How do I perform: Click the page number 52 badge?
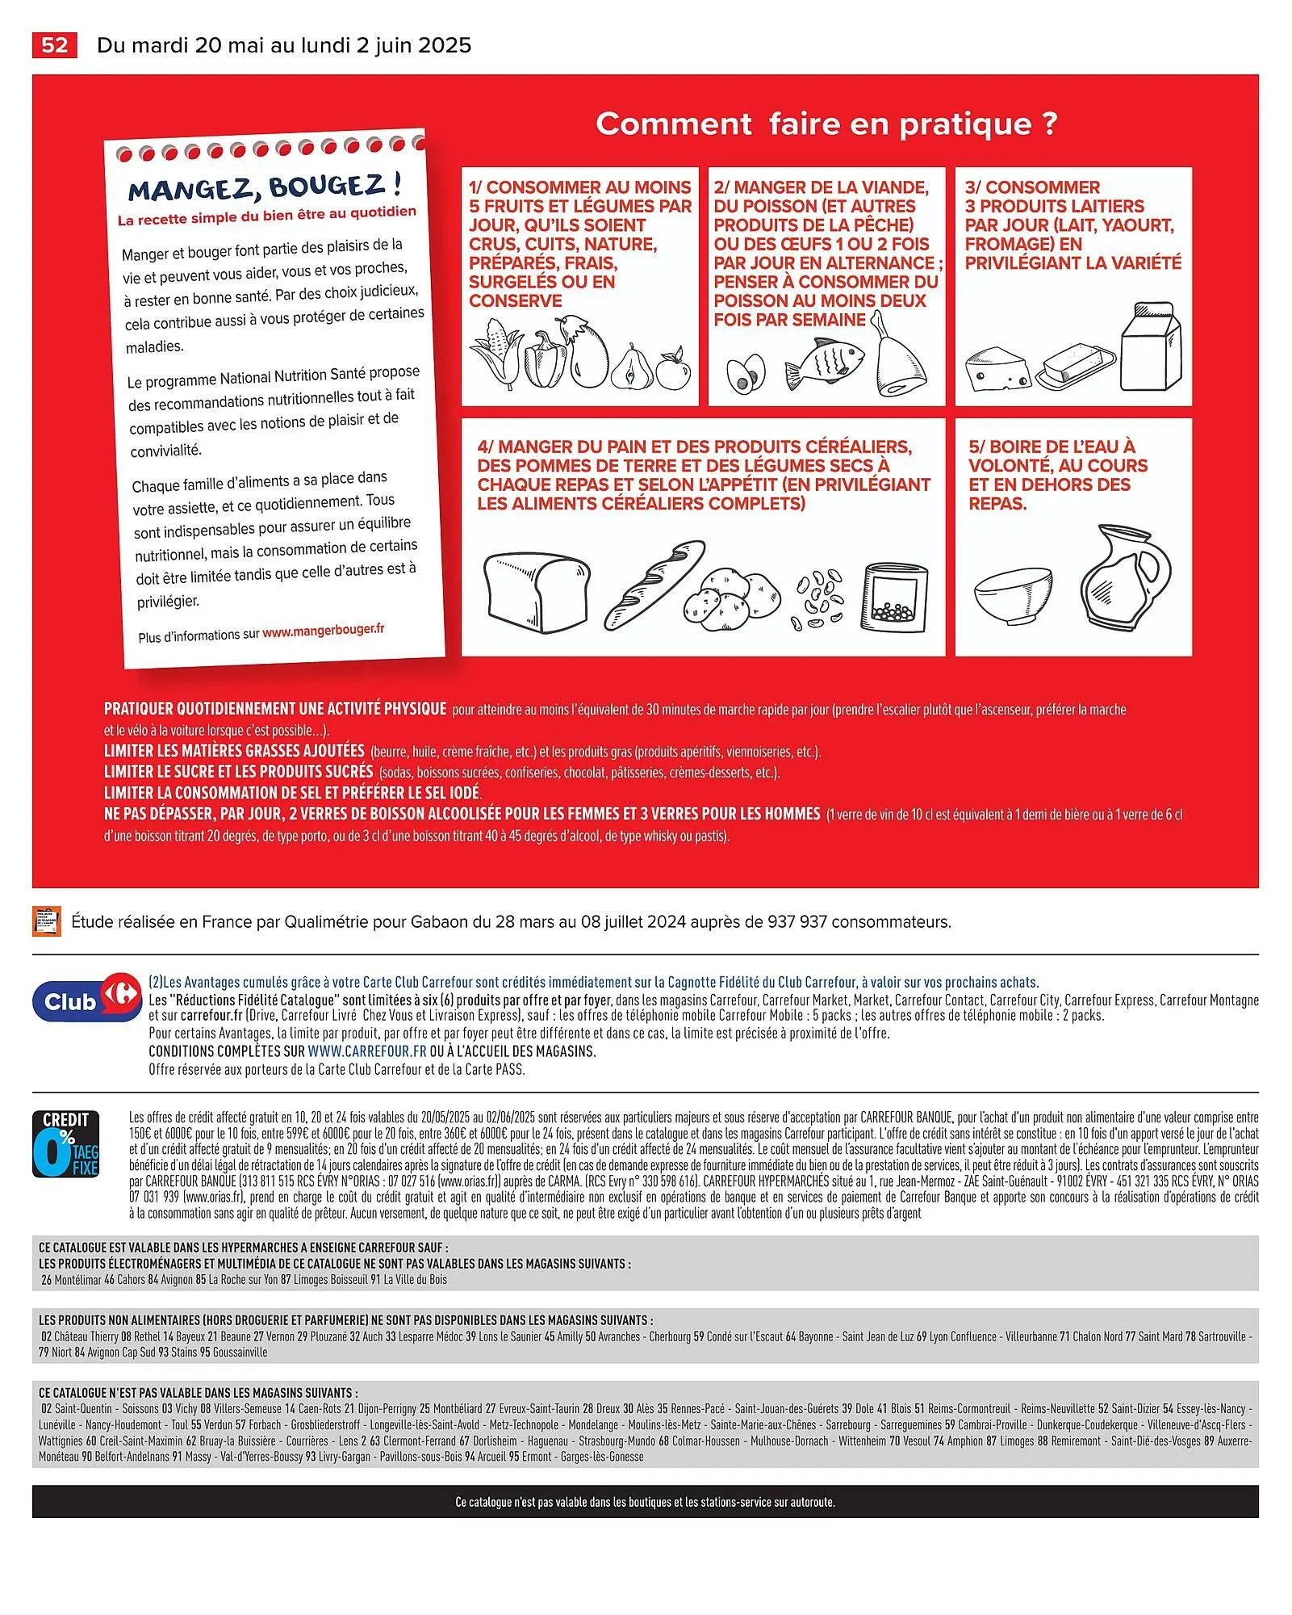tap(54, 44)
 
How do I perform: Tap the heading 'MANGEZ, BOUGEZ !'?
tap(266, 187)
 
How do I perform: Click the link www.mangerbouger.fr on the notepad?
tap(324, 631)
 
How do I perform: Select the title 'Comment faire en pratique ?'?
tap(826, 124)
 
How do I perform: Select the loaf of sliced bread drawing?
tap(537, 588)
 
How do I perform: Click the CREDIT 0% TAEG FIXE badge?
tap(66, 1143)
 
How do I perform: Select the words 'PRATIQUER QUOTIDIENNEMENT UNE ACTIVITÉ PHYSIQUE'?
tap(274, 708)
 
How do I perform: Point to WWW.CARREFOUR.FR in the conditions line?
tap(366, 1051)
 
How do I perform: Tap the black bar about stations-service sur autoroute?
tap(645, 1502)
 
